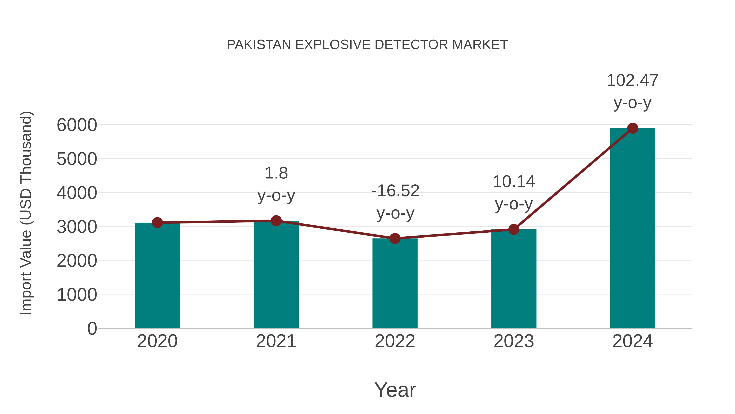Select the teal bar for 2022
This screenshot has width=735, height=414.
point(395,283)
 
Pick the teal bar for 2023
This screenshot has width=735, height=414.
point(514,279)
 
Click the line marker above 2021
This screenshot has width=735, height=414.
point(276,221)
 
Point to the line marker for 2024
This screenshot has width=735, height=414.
point(633,128)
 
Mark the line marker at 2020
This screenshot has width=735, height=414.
point(157,223)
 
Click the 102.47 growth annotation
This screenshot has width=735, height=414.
point(632,81)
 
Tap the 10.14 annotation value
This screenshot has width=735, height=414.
point(514,182)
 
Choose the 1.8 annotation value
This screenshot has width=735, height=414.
point(276,173)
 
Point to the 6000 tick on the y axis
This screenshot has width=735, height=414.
point(77,125)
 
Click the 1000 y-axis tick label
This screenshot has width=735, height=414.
point(77,295)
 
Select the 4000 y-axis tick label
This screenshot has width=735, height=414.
point(77,193)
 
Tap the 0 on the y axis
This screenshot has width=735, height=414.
point(92,329)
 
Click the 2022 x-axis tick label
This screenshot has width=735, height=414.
point(395,341)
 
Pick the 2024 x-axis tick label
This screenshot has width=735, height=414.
point(633,341)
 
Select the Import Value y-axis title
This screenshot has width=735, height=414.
point(26,213)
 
